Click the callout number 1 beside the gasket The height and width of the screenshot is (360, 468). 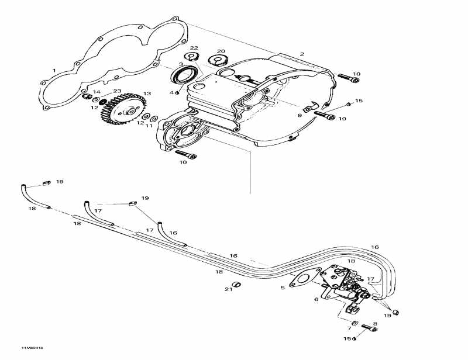(x=54, y=70)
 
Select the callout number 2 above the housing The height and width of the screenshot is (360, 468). (x=302, y=54)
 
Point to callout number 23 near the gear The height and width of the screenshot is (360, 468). (x=117, y=91)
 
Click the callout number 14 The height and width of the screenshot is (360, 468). (x=97, y=92)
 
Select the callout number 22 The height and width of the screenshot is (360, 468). (x=194, y=48)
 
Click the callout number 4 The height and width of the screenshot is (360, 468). (x=172, y=92)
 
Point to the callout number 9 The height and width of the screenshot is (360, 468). (x=300, y=116)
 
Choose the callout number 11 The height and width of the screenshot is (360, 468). (x=149, y=126)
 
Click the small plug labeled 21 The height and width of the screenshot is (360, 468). (x=238, y=285)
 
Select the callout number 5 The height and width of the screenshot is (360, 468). (x=283, y=288)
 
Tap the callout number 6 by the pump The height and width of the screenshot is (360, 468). (x=316, y=299)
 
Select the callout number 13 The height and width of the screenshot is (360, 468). (x=146, y=94)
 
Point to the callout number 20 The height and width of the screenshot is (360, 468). (x=221, y=51)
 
